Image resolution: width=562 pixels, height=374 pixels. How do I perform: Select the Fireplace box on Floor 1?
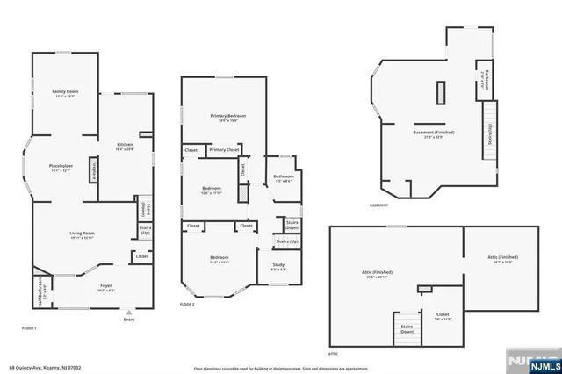click(94, 172)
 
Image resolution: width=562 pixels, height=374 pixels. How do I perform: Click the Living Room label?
click(83, 234)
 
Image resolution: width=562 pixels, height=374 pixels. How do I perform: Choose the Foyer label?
click(105, 287)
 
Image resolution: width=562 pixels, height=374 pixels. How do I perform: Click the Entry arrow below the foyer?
click(129, 312)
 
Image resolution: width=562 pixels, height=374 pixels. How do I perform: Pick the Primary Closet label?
click(225, 150)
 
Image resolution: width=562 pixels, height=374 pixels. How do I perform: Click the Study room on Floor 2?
click(277, 266)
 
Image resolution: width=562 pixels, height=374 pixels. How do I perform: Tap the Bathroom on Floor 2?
click(283, 178)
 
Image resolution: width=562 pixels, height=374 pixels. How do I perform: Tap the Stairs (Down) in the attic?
click(407, 328)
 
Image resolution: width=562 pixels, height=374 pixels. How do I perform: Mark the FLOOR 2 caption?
click(187, 303)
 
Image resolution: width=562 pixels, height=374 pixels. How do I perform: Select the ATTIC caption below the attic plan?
click(334, 352)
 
